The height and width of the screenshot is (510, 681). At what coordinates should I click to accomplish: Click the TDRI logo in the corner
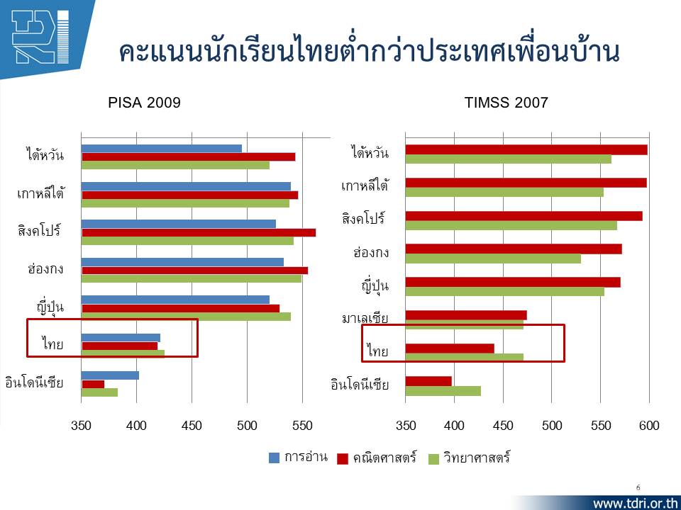tap(40, 37)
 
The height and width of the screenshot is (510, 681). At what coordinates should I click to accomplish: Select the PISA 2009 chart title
tap(144, 103)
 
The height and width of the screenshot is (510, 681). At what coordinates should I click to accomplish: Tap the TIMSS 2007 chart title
tap(506, 103)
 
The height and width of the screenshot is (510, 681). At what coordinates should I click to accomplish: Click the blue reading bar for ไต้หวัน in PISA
tap(162, 148)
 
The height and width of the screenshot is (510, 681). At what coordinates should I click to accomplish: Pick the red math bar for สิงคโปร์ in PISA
tap(199, 232)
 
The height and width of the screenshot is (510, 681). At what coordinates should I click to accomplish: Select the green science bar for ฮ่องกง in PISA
tap(191, 279)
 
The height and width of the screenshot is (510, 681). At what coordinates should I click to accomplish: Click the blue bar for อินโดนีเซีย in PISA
tap(110, 375)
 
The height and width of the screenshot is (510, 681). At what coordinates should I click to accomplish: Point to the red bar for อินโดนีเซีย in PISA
tap(93, 384)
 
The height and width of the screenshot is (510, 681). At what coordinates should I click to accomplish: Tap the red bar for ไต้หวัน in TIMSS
tap(526, 149)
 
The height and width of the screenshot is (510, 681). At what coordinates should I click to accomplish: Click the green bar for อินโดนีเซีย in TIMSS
tap(443, 391)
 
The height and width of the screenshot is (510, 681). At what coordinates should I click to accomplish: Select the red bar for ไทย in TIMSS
tap(450, 348)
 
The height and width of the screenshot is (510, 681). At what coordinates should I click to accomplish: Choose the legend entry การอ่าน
tap(298, 458)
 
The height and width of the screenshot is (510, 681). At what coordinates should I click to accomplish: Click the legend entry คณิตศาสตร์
tap(377, 458)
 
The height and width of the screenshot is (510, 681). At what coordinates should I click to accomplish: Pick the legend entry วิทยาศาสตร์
tap(470, 458)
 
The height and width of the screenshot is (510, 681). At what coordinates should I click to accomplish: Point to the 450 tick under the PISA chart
tap(192, 426)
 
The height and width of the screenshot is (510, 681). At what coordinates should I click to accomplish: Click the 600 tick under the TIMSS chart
tap(649, 426)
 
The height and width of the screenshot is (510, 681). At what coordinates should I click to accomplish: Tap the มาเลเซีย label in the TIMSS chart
tap(365, 319)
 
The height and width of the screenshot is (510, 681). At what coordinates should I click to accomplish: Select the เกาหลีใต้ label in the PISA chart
tap(40, 193)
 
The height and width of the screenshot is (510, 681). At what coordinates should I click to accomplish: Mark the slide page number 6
tap(638, 487)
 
